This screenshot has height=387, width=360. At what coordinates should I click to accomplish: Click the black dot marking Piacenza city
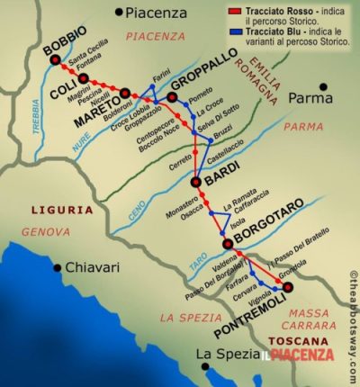(x=119, y=13)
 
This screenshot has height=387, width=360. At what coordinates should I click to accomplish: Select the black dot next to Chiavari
(x=58, y=267)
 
